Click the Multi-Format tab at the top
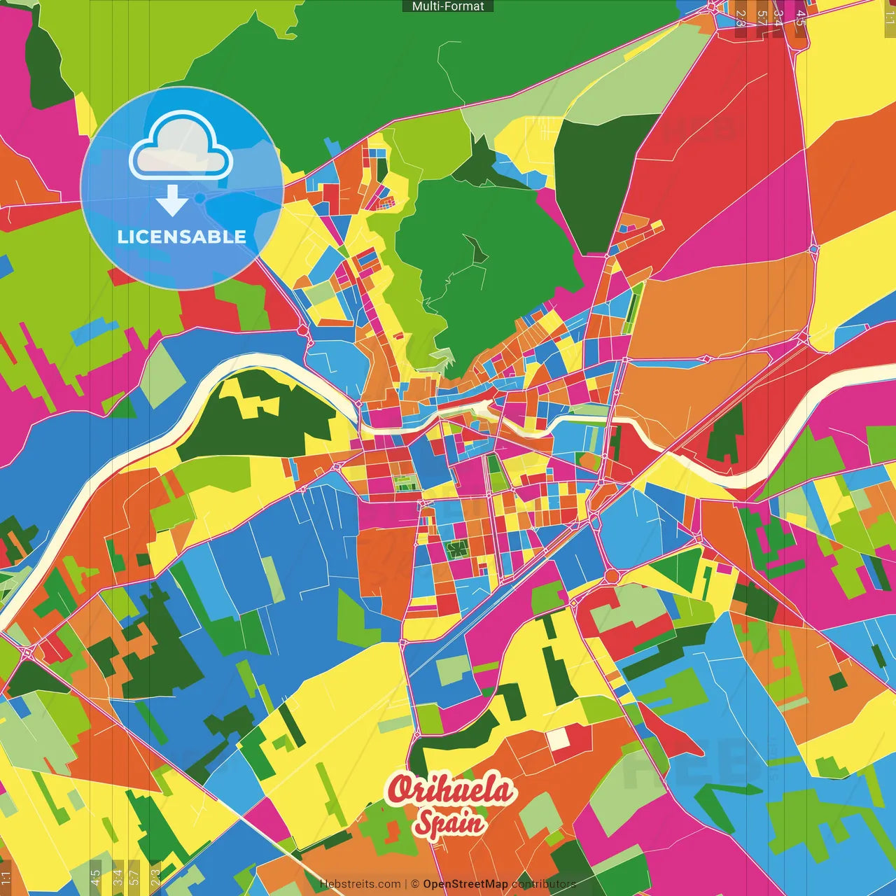pyautogui.click(x=448, y=6)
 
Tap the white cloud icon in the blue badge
pyautogui.click(x=181, y=146)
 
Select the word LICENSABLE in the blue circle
pyautogui.click(x=182, y=237)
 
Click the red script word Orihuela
pyautogui.click(x=451, y=790)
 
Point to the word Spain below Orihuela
pyautogui.click(x=449, y=822)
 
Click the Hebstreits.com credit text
pyautogui.click(x=360, y=884)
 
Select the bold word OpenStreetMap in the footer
pyautogui.click(x=465, y=884)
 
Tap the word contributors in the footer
pyautogui.click(x=543, y=884)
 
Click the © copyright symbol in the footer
pyautogui.click(x=415, y=884)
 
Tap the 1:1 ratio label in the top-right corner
pyautogui.click(x=889, y=17)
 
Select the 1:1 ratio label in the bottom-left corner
pyautogui.click(x=6, y=878)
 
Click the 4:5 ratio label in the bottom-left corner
pyautogui.click(x=95, y=878)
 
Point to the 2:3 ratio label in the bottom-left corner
pyautogui.click(x=155, y=878)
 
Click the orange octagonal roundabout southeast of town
pyautogui.click(x=612, y=575)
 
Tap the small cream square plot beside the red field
pyautogui.click(x=558, y=738)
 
